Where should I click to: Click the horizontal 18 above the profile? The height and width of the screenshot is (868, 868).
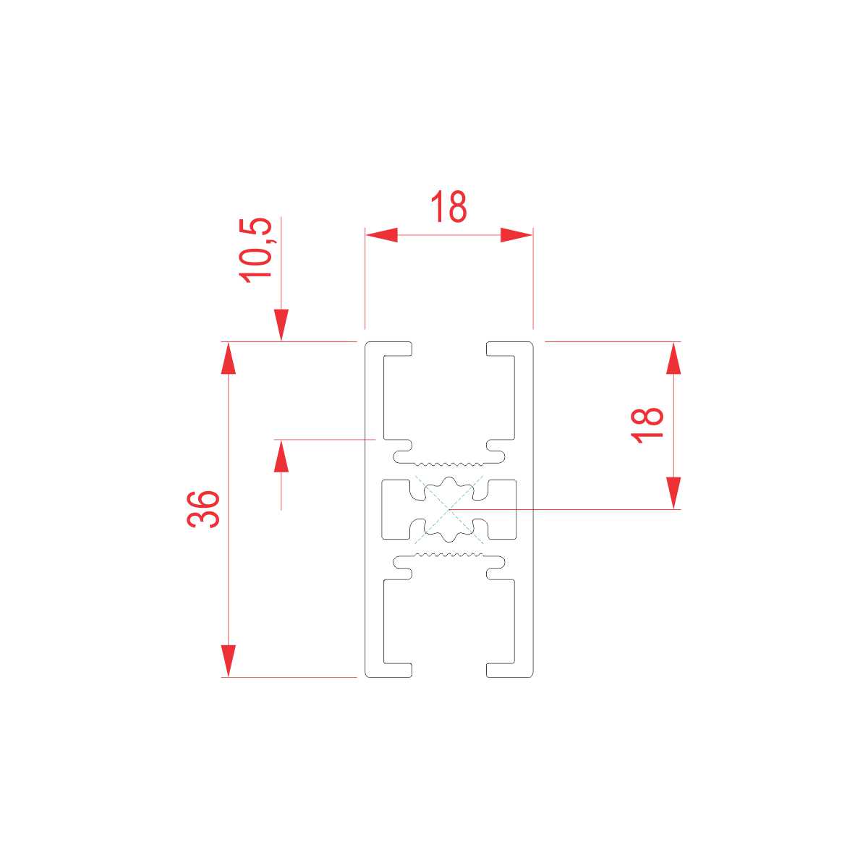pyautogui.click(x=448, y=207)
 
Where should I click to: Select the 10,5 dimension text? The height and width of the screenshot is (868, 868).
pyautogui.click(x=257, y=250)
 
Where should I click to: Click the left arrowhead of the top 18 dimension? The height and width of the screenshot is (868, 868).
pyautogui.click(x=381, y=235)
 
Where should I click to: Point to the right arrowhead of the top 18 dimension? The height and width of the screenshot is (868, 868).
pyautogui.click(x=516, y=235)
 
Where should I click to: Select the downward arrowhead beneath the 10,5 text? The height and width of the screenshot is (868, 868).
pyautogui.click(x=281, y=325)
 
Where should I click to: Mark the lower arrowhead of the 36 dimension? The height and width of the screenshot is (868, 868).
pyautogui.click(x=229, y=660)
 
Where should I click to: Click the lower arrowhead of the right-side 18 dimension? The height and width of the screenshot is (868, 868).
pyautogui.click(x=673, y=493)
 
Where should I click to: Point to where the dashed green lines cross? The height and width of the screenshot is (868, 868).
pyautogui.click(x=448, y=509)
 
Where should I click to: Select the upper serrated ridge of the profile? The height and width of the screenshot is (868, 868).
pyautogui.click(x=448, y=461)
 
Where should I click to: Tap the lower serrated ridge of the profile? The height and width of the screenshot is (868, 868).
pyautogui.click(x=448, y=556)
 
